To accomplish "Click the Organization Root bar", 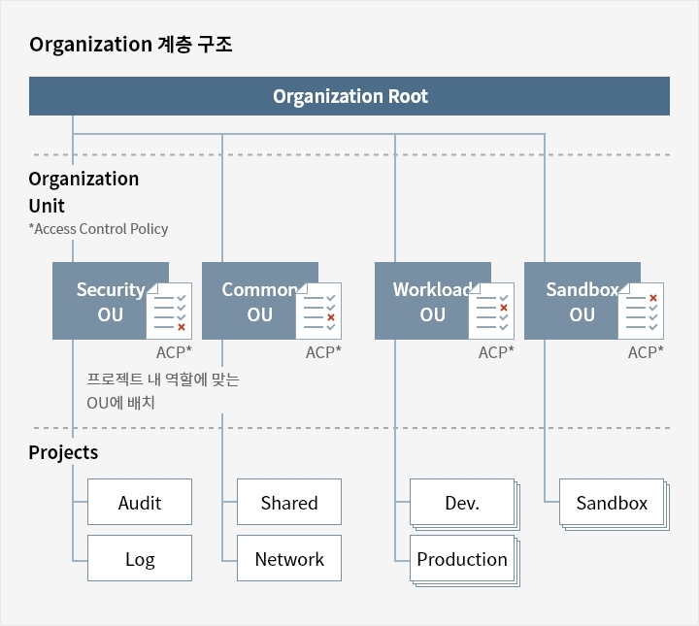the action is (x=349, y=96).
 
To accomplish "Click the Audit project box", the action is (x=140, y=502).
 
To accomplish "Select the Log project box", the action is (x=140, y=558).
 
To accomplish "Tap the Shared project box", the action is (x=289, y=502).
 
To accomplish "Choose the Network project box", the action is (x=289, y=558).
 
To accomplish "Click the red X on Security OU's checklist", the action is (x=182, y=327).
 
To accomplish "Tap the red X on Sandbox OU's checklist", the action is (x=653, y=298).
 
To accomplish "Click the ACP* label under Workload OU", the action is (x=496, y=352).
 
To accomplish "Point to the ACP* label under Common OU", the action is (x=323, y=352).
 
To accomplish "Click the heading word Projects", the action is (x=63, y=452).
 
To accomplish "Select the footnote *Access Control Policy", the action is (x=98, y=229).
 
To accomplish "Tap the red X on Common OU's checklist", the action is (x=331, y=317).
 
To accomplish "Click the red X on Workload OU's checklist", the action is (x=504, y=308).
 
